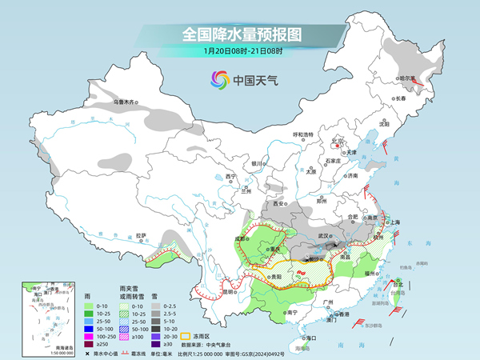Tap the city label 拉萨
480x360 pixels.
point(142,235)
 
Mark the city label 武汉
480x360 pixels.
point(324,236)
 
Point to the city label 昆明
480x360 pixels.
point(207,290)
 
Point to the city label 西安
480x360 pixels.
point(279,203)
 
